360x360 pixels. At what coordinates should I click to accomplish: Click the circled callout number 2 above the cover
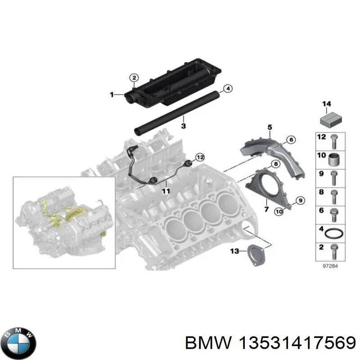tap(134, 78)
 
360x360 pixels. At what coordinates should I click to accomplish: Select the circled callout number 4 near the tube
tap(227, 89)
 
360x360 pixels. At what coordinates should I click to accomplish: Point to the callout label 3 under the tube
tap(183, 126)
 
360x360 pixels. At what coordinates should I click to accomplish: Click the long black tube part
tap(175, 112)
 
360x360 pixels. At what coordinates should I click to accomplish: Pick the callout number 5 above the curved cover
tap(270, 127)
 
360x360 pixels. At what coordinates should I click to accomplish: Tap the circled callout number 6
tap(291, 140)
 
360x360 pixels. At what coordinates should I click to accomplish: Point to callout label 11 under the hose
tap(166, 191)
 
